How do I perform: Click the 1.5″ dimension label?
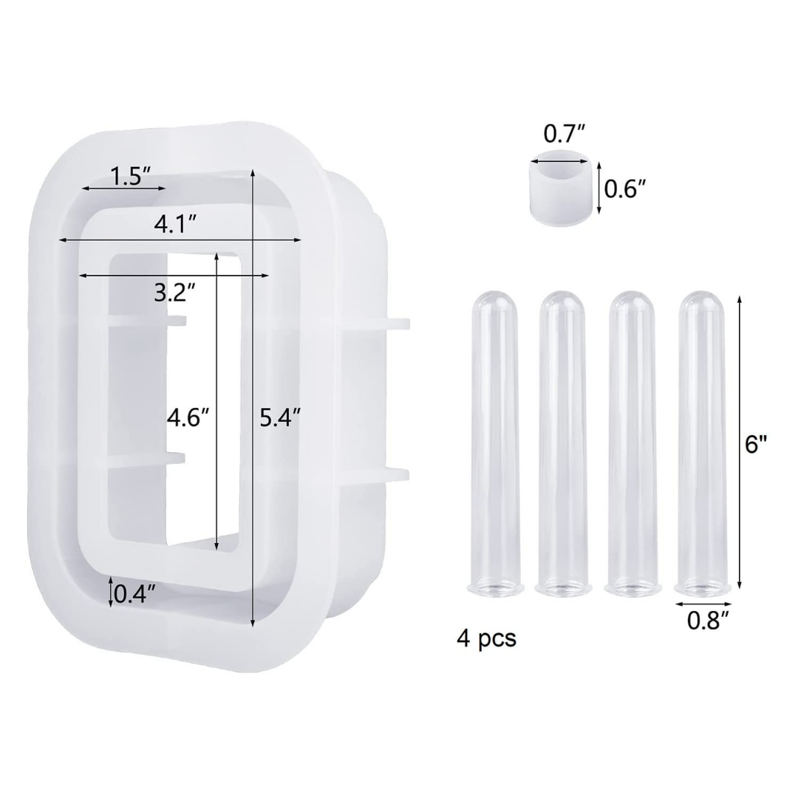click(130, 176)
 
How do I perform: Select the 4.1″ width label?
click(176, 225)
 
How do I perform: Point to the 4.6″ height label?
click(188, 418)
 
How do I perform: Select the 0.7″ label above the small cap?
click(565, 134)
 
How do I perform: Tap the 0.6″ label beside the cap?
click(625, 189)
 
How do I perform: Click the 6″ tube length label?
click(756, 444)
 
